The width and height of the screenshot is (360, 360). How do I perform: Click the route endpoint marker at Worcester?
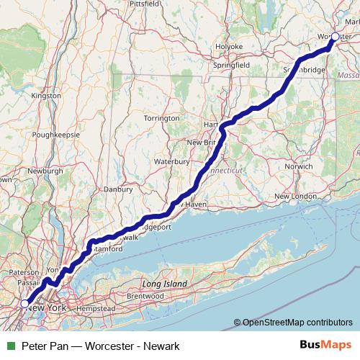click(x=335, y=36)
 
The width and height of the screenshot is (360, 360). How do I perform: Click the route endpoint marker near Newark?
click(x=24, y=304)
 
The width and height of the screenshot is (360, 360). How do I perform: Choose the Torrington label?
click(x=161, y=117)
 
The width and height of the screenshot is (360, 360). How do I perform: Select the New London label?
click(x=295, y=196)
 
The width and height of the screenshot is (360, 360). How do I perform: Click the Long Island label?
click(x=165, y=284)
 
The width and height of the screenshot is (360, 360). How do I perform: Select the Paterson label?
click(x=23, y=273)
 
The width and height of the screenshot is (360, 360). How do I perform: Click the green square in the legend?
click(x=9, y=346)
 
